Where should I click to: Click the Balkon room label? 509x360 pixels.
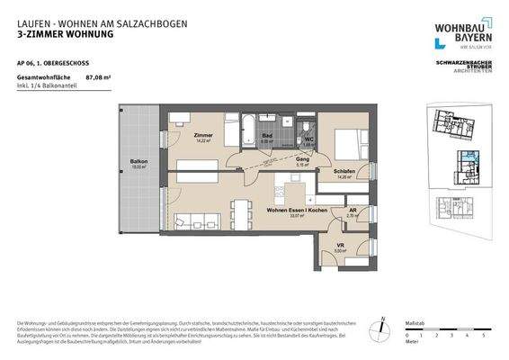[x=138, y=162]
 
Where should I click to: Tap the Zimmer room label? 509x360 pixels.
[x=202, y=135]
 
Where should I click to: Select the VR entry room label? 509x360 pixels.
[x=340, y=246]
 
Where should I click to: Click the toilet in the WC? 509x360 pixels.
[x=308, y=127]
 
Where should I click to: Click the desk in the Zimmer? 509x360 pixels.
[x=180, y=116]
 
